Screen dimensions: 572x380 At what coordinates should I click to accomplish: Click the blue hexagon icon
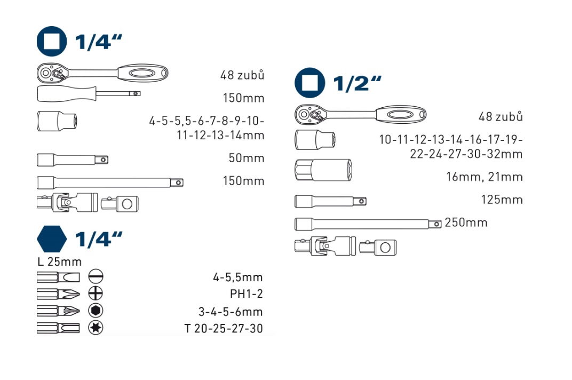pos(52,239)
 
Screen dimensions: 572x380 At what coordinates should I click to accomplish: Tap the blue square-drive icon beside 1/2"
pos(309,83)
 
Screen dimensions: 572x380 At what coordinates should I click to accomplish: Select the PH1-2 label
pos(246,294)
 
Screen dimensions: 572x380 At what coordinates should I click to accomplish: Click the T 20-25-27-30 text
pos(224,329)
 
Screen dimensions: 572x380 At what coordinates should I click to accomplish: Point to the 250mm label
pos(466,223)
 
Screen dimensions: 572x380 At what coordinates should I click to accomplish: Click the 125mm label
pos(502,200)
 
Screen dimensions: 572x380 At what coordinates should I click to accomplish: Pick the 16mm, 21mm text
pos(484,177)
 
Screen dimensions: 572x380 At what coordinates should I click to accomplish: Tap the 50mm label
pos(246,158)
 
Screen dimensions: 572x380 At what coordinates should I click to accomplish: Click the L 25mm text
pos(59,262)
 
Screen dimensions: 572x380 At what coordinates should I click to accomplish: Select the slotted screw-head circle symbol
pos(96,276)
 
